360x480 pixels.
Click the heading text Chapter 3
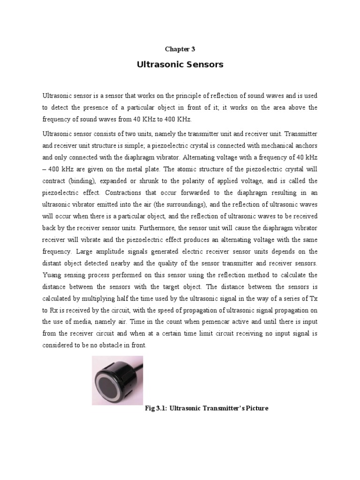180,49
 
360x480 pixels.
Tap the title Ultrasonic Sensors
180,65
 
